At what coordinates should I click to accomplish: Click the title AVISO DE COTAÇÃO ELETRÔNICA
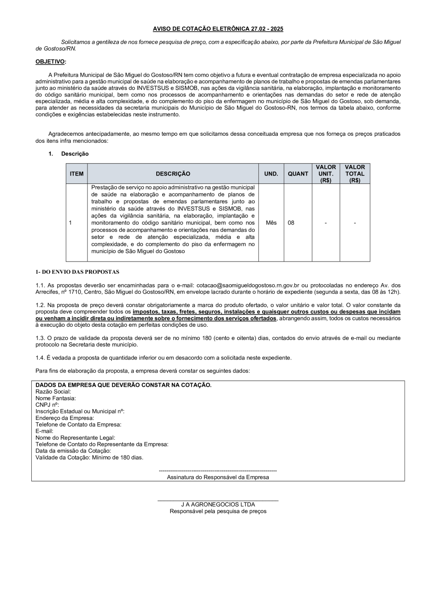(218, 29)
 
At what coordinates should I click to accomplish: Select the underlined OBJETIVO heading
(51, 61)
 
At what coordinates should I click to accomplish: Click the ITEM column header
(77, 174)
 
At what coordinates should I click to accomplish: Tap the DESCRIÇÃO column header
(173, 174)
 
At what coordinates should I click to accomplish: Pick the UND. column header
(271, 174)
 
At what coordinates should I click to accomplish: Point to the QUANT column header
(298, 174)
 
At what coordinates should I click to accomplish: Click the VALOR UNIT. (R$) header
(326, 174)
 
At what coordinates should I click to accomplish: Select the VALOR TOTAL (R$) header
(355, 174)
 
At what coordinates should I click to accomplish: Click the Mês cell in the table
(271, 223)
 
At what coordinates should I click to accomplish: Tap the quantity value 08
(291, 223)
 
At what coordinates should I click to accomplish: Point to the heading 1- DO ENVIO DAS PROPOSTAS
(78, 272)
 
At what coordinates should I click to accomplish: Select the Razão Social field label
(53, 392)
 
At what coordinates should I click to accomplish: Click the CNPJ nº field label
(47, 405)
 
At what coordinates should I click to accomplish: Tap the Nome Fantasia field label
(55, 398)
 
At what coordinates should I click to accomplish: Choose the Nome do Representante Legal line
(75, 438)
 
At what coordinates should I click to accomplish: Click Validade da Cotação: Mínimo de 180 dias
(89, 457)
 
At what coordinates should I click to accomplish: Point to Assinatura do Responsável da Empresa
(218, 477)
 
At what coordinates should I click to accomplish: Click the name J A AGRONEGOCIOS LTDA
(218, 505)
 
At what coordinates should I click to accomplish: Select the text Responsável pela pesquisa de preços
(218, 511)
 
